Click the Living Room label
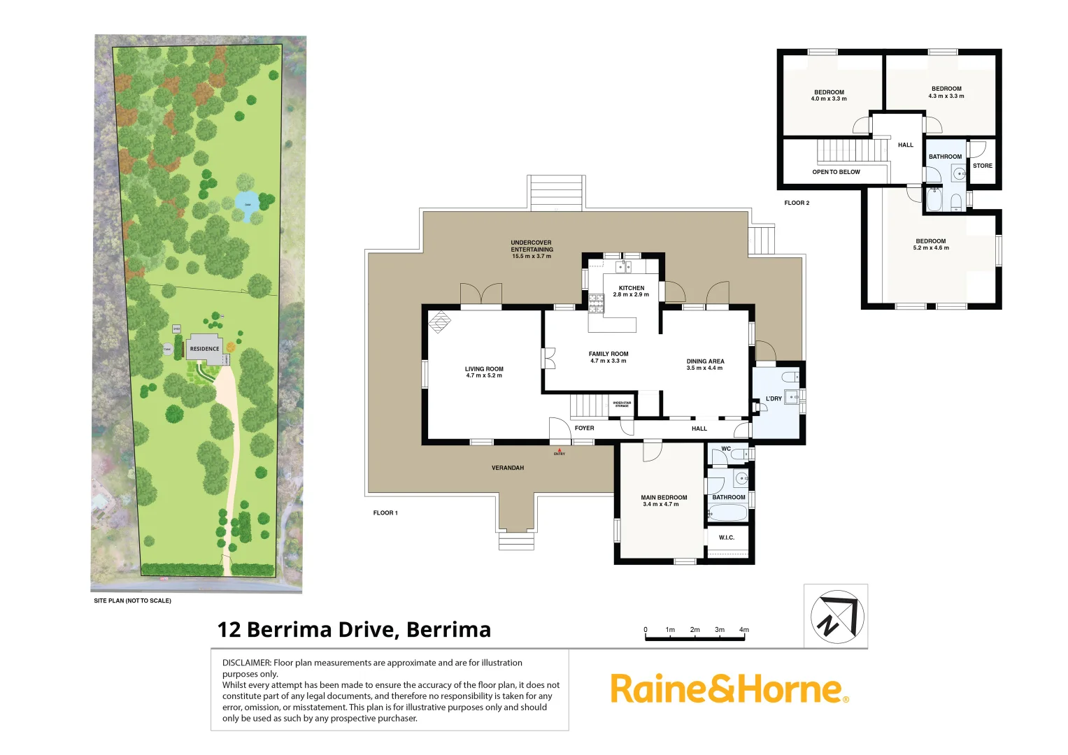pyautogui.click(x=484, y=372)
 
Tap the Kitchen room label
pyautogui.click(x=631, y=291)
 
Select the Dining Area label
pyautogui.click(x=705, y=364)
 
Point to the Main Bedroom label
pyautogui.click(x=664, y=501)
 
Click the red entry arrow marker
pyautogui.click(x=559, y=450)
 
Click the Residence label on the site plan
pyautogui.click(x=204, y=349)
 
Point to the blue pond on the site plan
pyautogui.click(x=247, y=203)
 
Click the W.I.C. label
pyautogui.click(x=727, y=538)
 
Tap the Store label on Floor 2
pyautogui.click(x=982, y=166)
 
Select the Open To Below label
pyautogui.click(x=836, y=172)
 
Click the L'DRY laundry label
pyautogui.click(x=774, y=398)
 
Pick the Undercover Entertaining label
pyautogui.click(x=532, y=250)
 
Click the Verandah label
pyautogui.click(x=507, y=468)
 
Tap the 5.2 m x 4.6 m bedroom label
pyautogui.click(x=931, y=245)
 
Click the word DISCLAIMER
pyautogui.click(x=246, y=663)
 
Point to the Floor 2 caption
pyautogui.click(x=797, y=203)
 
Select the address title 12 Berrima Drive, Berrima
pyautogui.click(x=354, y=629)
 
